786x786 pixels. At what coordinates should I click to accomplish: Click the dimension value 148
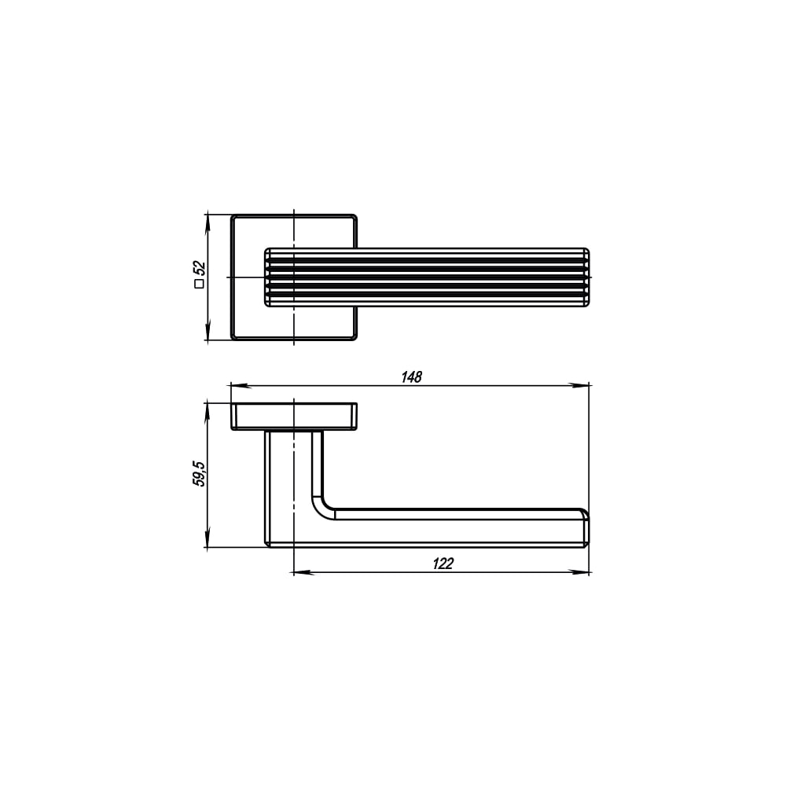click(412, 376)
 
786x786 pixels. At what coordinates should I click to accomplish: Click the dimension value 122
click(443, 564)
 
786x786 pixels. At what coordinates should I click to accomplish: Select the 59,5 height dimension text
click(199, 474)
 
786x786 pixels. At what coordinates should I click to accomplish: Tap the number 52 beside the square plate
click(199, 268)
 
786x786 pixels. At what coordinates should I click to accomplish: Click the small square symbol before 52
click(199, 284)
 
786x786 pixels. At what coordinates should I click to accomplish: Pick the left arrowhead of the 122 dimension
click(303, 572)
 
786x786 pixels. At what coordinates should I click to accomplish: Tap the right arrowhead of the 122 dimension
click(579, 572)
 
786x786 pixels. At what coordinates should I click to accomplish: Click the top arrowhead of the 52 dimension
click(207, 224)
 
